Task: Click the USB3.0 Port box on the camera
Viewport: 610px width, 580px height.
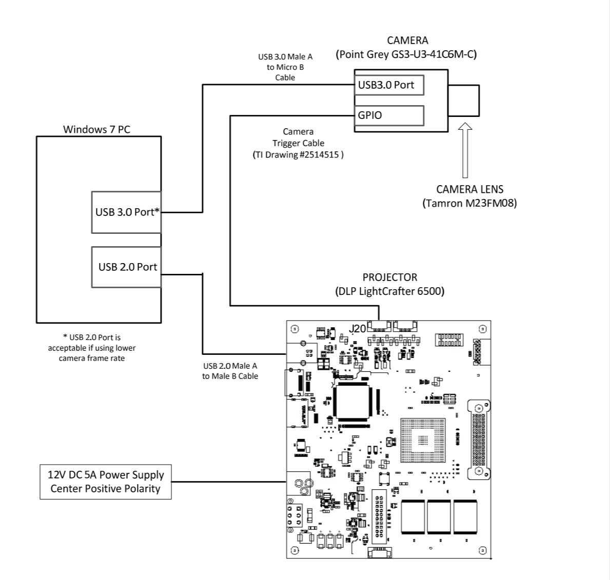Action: coord(389,85)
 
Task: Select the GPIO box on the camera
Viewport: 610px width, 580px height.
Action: coord(389,115)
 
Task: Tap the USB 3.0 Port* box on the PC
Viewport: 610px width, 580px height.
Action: coord(126,212)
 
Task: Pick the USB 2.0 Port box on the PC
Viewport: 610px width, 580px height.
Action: coord(126,267)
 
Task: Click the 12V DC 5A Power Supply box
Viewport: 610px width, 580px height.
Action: coord(105,482)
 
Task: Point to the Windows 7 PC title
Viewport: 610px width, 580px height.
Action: coord(96,129)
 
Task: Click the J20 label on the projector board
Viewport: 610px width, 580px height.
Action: coord(358,328)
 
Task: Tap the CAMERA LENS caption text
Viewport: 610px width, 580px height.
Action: coord(469,189)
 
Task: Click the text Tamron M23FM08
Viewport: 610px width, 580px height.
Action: coord(469,203)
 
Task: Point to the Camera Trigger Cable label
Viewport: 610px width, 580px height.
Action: coord(298,137)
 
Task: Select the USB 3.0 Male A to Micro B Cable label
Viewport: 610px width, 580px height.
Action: coord(285,67)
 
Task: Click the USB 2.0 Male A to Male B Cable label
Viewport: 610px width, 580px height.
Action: coord(230,371)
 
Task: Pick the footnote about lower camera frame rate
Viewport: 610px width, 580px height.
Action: coord(92,348)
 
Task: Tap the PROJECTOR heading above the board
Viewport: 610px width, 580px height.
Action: coord(390,277)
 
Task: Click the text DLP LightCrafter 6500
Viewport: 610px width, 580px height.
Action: coord(390,291)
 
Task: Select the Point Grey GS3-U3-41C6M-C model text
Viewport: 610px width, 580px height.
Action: coord(406,54)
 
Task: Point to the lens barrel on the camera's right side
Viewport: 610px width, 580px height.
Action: coord(464,101)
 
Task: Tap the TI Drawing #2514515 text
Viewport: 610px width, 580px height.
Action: coord(298,154)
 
